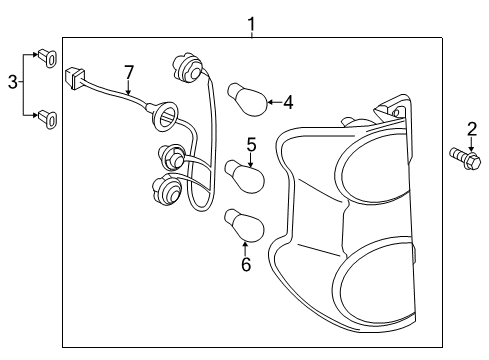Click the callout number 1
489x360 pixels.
point(251,22)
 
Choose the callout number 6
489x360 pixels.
point(246,264)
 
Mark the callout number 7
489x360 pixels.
point(128,71)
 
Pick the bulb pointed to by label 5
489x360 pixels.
point(242,177)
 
